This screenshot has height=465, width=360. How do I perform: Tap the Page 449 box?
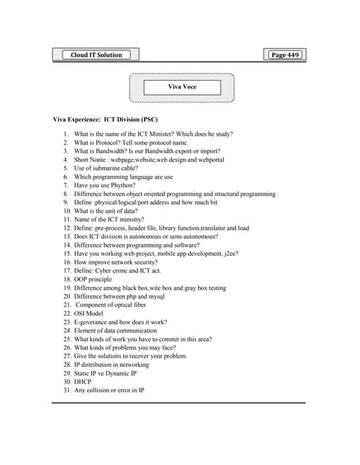[284, 54]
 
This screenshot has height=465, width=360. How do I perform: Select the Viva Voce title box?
[182, 87]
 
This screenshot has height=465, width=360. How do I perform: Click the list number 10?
[66, 211]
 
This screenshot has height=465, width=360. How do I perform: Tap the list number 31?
[66, 390]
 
